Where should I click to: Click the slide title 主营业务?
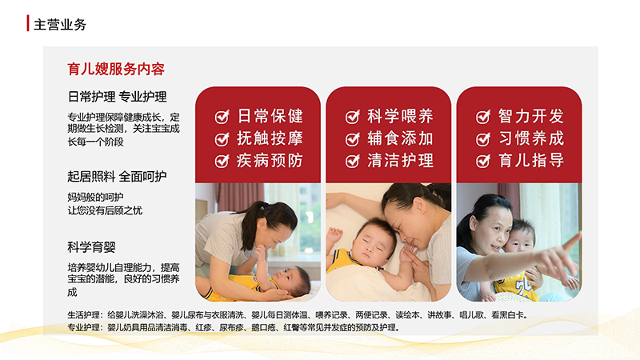60,25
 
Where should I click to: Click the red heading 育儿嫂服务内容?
116,69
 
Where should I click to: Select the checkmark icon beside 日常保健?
222,117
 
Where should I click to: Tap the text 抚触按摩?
270,138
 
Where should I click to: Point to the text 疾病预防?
270,161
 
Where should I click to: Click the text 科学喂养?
400,116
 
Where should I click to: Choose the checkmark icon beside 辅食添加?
353,139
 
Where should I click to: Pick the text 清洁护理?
400,161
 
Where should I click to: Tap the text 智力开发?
531,116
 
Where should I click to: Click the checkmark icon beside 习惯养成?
483,139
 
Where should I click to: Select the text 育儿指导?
531,161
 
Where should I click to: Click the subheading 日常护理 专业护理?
117,97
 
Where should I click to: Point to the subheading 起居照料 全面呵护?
117,177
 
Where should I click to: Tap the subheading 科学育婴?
91,247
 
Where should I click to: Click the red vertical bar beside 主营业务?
28,23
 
